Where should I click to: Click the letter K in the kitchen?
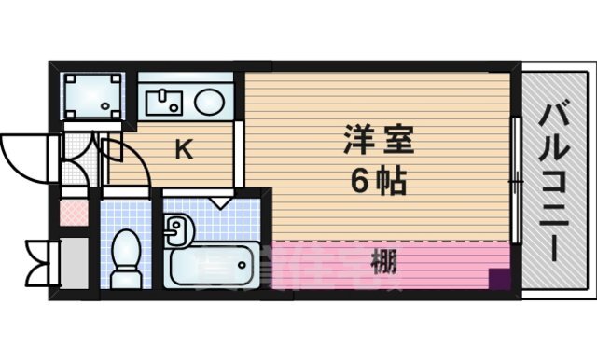[186, 150]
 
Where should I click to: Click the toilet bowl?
[124, 256]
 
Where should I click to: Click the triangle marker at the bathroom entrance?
[220, 201]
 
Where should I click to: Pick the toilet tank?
[124, 278]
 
